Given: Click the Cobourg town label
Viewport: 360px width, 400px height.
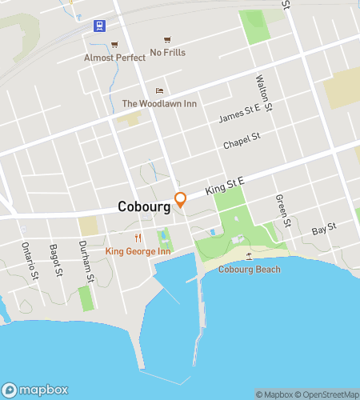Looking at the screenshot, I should click(144, 206).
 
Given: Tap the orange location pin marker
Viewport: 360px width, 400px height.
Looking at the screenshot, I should click(181, 199).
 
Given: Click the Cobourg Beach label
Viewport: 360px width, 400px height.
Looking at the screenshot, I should click(250, 270).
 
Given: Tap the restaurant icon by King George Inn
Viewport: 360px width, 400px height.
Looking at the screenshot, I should click(138, 238).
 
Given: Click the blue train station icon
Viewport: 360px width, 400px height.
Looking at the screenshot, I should click(98, 26).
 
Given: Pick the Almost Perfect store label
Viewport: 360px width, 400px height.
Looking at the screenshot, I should click(116, 58).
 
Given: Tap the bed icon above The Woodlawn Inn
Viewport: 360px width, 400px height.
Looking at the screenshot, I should click(159, 90).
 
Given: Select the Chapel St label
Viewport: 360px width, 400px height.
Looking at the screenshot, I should click(242, 141).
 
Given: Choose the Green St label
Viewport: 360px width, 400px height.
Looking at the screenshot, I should click(280, 210).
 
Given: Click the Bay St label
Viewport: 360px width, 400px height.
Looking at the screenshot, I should click(323, 230).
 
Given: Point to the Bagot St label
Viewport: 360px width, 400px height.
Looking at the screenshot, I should click(55, 262).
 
